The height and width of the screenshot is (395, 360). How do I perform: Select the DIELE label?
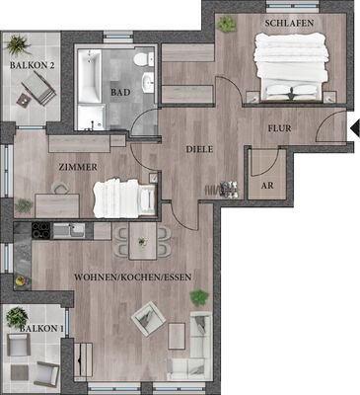click(200, 149)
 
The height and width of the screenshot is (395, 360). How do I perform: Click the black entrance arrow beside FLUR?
click(354, 126)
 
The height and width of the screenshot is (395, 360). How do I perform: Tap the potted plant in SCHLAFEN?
click(226, 23)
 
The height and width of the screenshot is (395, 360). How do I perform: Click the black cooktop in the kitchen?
click(41, 231)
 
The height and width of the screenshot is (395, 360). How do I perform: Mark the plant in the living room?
click(200, 296)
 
